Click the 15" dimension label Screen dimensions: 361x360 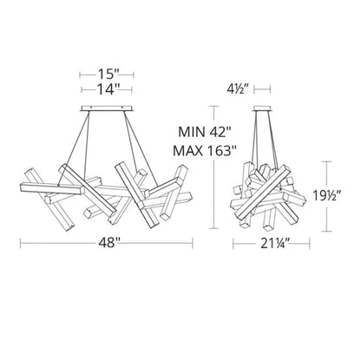pos(107,75)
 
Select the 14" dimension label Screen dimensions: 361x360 pos(107,89)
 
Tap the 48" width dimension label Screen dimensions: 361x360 pos(108,243)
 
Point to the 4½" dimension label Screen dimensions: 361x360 pos(239,89)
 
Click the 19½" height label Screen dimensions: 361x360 pos(327,196)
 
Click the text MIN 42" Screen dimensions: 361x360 pos(205,133)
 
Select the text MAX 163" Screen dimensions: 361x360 pos(205,151)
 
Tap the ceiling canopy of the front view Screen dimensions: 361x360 pos(107,108)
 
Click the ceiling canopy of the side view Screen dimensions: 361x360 pos(262,108)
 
